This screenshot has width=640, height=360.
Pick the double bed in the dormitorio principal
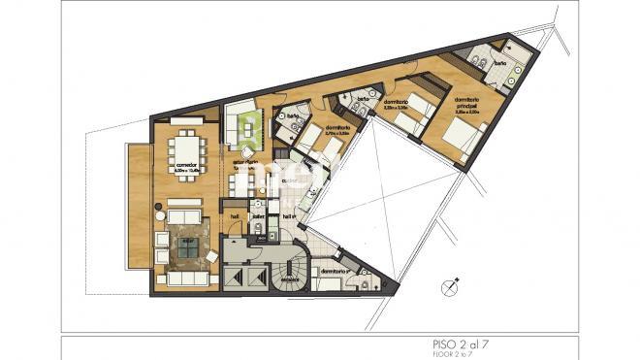pyautogui.click(x=460, y=131)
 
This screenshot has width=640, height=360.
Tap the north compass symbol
pyautogui.click(x=448, y=287)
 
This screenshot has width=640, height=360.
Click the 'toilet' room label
pyautogui.click(x=259, y=215)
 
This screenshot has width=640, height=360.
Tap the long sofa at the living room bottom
pyautogui.click(x=183, y=277)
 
